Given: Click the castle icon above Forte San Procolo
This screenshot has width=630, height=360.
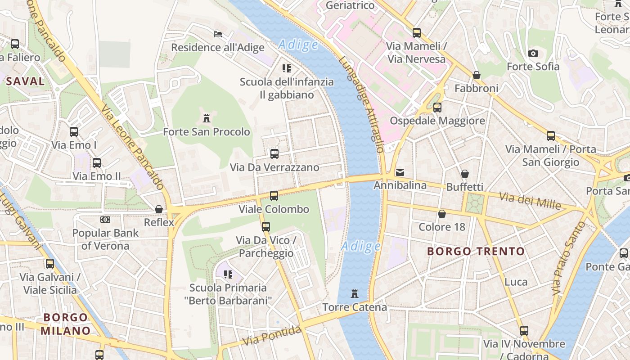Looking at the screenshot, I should pyautogui.click(x=207, y=118).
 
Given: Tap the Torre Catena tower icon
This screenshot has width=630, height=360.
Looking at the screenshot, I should pyautogui.click(x=355, y=294).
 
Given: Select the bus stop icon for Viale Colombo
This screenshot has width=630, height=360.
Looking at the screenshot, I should pyautogui.click(x=274, y=196).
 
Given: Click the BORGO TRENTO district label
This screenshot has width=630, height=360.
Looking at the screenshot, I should pyautogui.click(x=476, y=251).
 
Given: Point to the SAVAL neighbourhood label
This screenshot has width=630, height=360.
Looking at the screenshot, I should pyautogui.click(x=25, y=81).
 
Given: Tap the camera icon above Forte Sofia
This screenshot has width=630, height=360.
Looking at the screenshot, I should pyautogui.click(x=533, y=53).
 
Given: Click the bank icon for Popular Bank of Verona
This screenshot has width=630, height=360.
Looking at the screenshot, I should pyautogui.click(x=105, y=220).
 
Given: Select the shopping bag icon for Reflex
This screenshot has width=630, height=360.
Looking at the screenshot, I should pyautogui.click(x=158, y=209).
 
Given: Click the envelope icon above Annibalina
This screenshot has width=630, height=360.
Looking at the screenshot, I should pyautogui.click(x=400, y=172).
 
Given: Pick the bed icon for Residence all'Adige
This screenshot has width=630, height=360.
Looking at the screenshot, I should pyautogui.click(x=217, y=34).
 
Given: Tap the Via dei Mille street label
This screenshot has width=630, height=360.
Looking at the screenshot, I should pyautogui.click(x=531, y=200).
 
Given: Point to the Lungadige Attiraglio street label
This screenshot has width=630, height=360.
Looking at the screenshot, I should pyautogui.click(x=362, y=104).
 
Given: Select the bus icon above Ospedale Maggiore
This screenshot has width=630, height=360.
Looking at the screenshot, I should pyautogui.click(x=437, y=108).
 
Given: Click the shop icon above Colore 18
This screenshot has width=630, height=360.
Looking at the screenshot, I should pyautogui.click(x=442, y=213).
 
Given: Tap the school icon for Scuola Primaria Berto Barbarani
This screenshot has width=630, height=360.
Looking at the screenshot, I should pyautogui.click(x=228, y=274).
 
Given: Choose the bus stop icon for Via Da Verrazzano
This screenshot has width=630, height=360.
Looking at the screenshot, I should pyautogui.click(x=274, y=154).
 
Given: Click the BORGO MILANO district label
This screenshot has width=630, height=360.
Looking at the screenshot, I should pyautogui.click(x=66, y=324).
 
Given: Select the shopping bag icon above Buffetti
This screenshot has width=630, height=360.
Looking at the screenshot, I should pyautogui.click(x=464, y=173).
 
